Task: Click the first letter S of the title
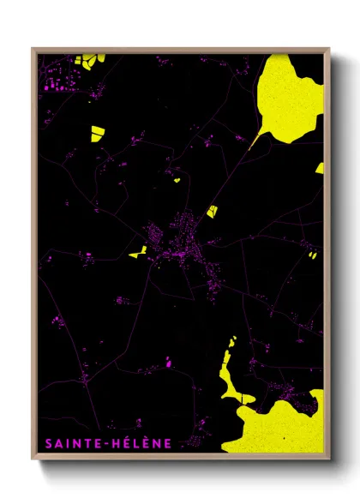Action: tap(45, 443)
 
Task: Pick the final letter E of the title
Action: tap(169, 443)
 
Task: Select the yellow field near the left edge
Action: tap(97, 132)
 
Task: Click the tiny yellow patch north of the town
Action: tap(177, 180)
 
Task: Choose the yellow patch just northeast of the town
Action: tap(210, 210)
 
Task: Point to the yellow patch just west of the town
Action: tap(137, 253)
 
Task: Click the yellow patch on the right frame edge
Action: tap(320, 169)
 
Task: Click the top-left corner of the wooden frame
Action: tap(33, 50)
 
